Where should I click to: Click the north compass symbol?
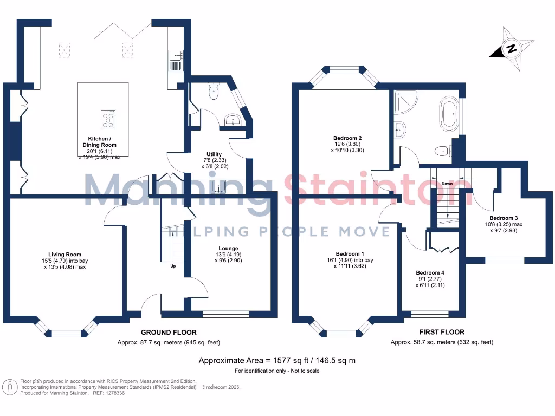click(510, 49)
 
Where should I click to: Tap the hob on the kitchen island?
click(108, 119)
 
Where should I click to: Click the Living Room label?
click(65, 255)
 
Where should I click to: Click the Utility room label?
click(214, 154)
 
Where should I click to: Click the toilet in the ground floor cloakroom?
click(214, 92)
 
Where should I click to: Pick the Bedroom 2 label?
click(347, 138)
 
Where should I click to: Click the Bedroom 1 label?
click(350, 254)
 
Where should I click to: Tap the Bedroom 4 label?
click(430, 272)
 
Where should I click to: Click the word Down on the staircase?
click(447, 184)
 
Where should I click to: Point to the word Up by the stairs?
click(173, 266)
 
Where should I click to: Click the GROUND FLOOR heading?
click(169, 332)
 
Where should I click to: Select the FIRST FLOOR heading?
click(442, 332)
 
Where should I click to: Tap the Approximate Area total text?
click(277, 360)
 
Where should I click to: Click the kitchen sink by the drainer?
click(177, 55)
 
